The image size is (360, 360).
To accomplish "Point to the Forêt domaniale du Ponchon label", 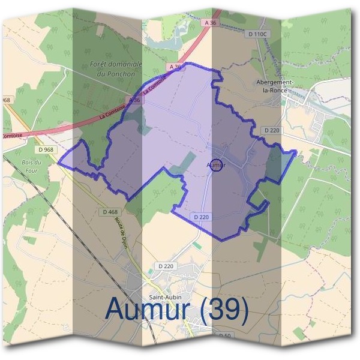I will point(115,67).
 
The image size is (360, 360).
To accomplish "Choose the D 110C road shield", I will point(256,34).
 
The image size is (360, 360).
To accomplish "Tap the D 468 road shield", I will point(110,212).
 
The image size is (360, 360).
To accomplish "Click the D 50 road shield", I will point(225,335).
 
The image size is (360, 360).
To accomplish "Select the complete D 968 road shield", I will point(46,149).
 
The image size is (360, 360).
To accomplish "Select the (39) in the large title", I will point(224,309).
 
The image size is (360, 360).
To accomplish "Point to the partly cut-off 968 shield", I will point(5,100).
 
